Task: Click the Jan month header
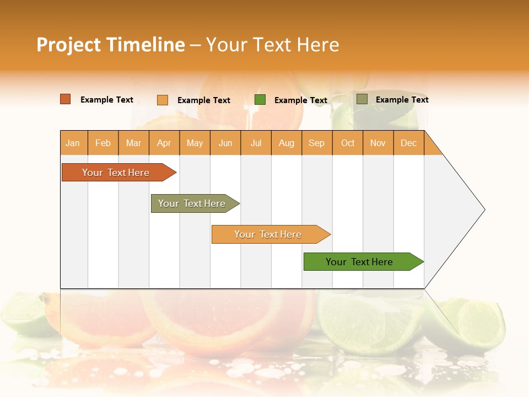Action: pos(73,143)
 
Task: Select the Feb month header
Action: pos(103,143)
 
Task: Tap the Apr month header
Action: pos(164,143)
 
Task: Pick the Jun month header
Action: pos(225,143)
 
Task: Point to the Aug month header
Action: pos(286,143)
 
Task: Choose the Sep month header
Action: pos(316,143)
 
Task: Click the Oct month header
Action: pos(348,143)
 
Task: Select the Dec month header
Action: pos(408,143)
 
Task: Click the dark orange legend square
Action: pos(66,99)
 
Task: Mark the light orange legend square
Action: pos(163,100)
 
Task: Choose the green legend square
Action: pos(260,100)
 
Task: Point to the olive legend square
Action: pos(362,99)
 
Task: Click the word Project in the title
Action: pos(69,45)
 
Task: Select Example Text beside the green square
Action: pos(301,100)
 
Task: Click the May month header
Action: pos(195,143)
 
